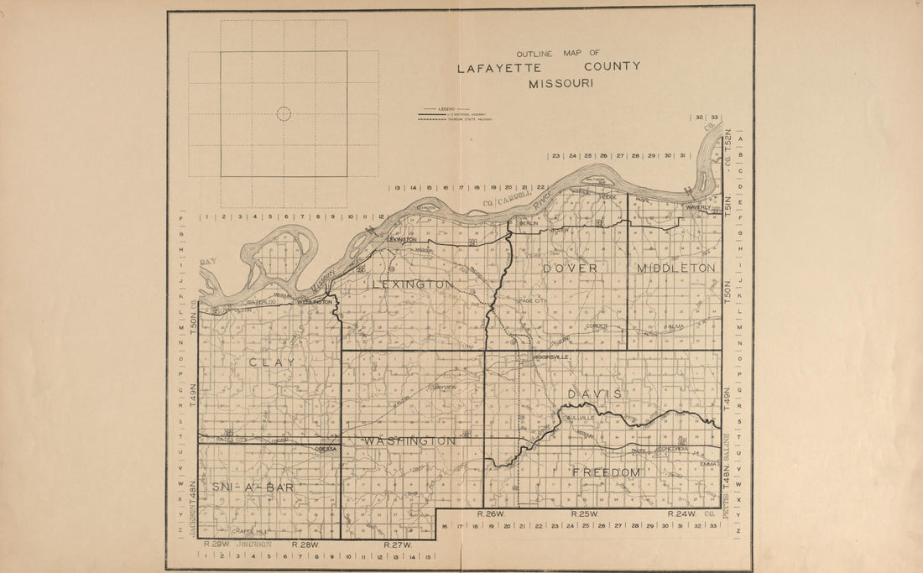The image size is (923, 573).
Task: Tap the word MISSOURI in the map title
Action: tap(561, 84)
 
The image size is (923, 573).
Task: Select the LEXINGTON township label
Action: tap(413, 285)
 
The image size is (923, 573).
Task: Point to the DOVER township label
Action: tap(570, 268)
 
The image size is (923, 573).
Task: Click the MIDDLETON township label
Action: tap(676, 268)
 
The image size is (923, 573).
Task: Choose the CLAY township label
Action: tap(272, 362)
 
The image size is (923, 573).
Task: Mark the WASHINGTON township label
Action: tap(410, 441)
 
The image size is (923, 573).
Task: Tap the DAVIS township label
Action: tap(594, 393)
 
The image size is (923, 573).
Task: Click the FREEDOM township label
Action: tap(607, 473)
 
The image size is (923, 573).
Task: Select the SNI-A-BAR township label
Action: tap(247, 487)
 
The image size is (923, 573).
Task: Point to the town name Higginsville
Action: tap(550, 357)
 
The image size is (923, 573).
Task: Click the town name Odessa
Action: tap(326, 449)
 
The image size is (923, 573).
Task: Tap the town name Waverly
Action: tap(698, 207)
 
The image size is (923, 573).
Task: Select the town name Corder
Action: tap(597, 326)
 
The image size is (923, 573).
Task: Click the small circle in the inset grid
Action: tap(284, 114)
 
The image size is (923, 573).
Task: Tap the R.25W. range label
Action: tap(584, 513)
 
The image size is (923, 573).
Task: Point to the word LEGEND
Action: tap(445, 109)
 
